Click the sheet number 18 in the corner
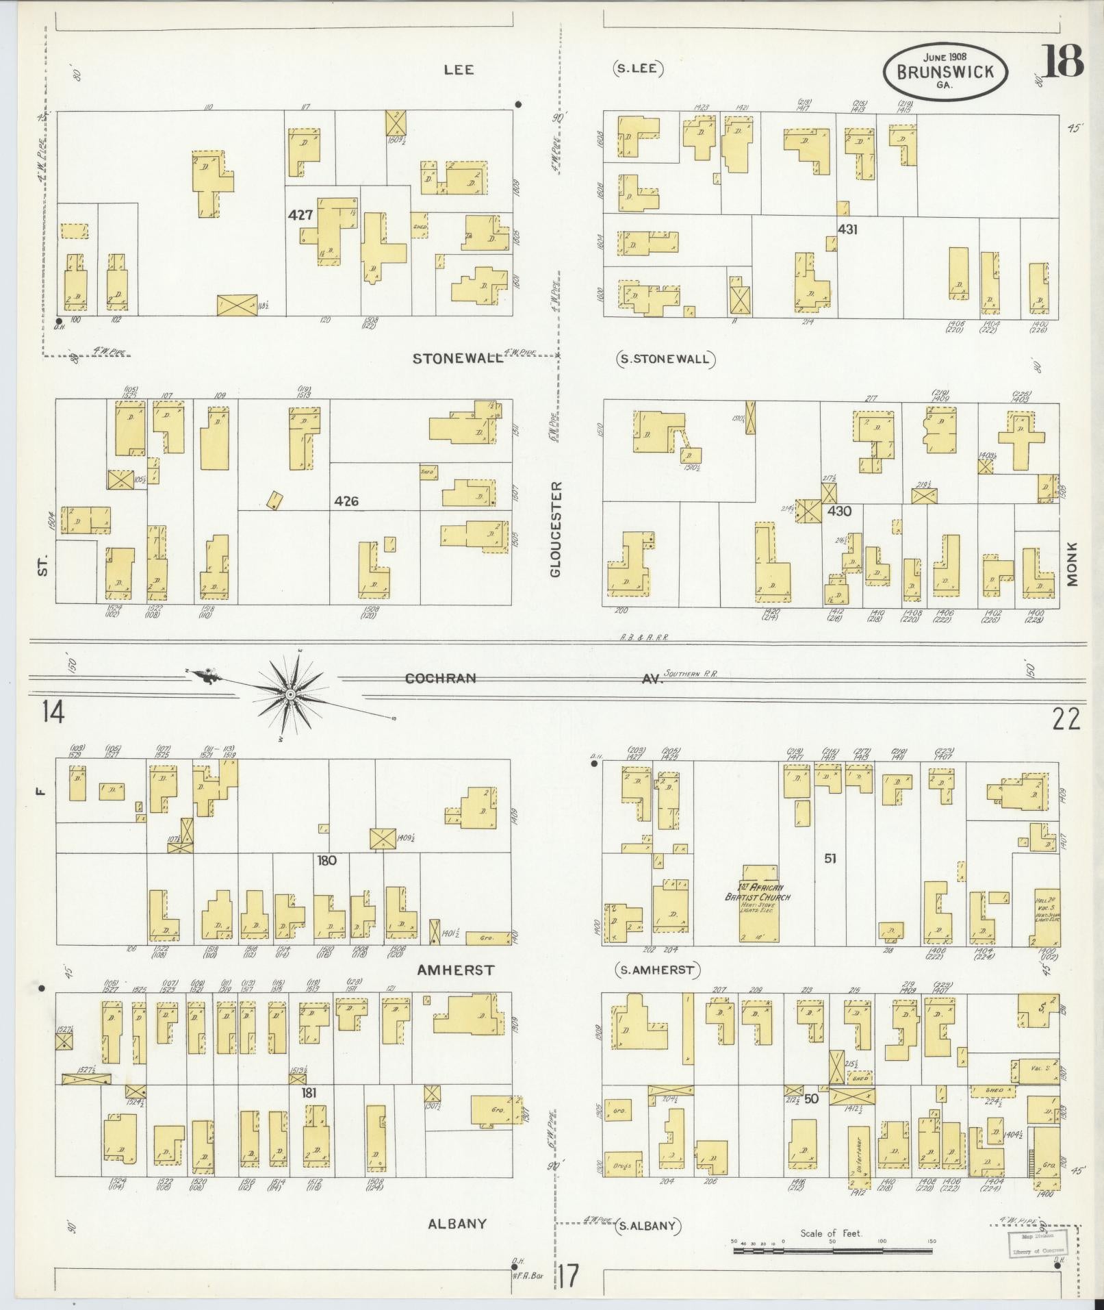click(x=1063, y=62)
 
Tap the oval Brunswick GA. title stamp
click(x=946, y=73)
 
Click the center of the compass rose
click(x=290, y=694)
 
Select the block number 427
click(x=300, y=215)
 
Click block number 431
click(x=847, y=229)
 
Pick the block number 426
click(x=346, y=501)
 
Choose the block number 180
click(x=326, y=860)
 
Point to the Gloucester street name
click(x=555, y=529)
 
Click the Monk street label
click(x=1072, y=564)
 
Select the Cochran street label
click(x=440, y=679)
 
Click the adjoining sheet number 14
click(x=53, y=713)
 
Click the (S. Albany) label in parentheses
click(x=647, y=1226)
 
